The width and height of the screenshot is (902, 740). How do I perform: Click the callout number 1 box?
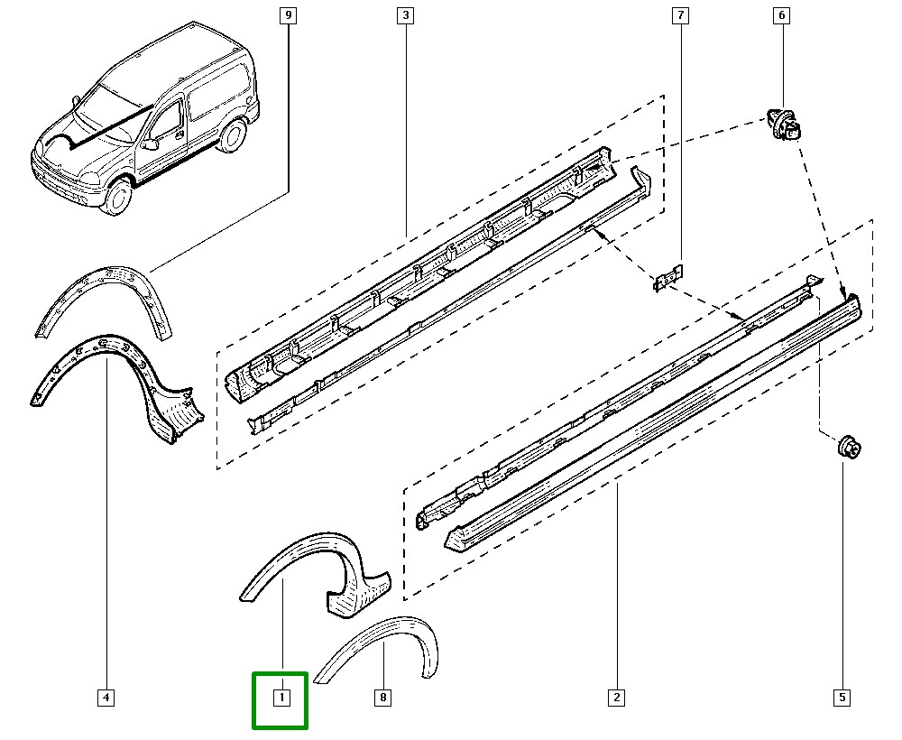pyautogui.click(x=281, y=698)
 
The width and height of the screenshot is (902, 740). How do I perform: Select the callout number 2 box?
pyautogui.click(x=617, y=698)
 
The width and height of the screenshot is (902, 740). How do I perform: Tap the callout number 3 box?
pyautogui.click(x=405, y=15)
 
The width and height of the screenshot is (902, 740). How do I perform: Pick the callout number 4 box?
pyautogui.click(x=106, y=698)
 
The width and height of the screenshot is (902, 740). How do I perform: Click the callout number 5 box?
pyautogui.click(x=842, y=698)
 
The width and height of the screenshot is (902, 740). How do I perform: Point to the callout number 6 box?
pyautogui.click(x=781, y=15)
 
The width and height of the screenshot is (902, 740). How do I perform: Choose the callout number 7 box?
pyautogui.click(x=679, y=15)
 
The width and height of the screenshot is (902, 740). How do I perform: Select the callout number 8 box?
pyautogui.click(x=383, y=698)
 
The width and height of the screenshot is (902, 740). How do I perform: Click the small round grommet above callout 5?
pyautogui.click(x=848, y=447)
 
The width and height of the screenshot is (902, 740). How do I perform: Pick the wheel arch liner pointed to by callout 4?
pyautogui.click(x=117, y=379)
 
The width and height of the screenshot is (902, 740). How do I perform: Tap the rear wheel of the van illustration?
pyautogui.click(x=234, y=135)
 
